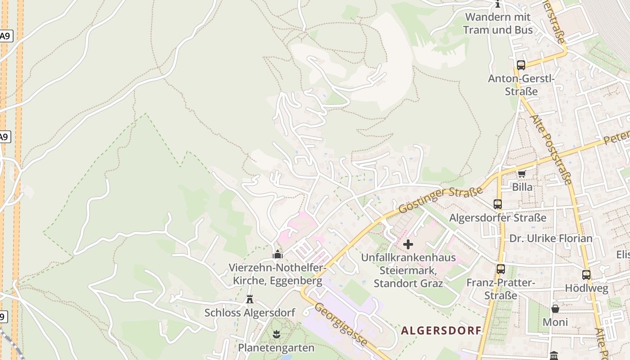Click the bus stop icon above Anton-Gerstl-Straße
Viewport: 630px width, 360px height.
click(521, 65)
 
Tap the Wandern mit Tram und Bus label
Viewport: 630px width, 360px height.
click(498, 23)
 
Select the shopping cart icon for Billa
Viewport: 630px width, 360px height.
click(522, 174)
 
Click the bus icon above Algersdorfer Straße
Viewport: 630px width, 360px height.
click(497, 204)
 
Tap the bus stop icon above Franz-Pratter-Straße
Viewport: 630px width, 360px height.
click(500, 269)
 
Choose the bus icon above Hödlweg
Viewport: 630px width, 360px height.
click(586, 274)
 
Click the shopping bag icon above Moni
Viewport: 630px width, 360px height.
click(555, 309)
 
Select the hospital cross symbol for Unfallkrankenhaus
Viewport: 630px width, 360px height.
click(408, 244)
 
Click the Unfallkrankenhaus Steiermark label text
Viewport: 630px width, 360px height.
click(408, 270)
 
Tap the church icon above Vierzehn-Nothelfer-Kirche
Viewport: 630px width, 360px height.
click(277, 255)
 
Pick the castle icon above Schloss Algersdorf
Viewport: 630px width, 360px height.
click(250, 299)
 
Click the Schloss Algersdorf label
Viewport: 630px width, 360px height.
click(250, 312)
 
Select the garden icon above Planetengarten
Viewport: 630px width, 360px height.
click(276, 334)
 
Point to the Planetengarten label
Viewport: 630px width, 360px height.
click(276, 347)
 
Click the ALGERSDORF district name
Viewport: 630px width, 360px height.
click(441, 331)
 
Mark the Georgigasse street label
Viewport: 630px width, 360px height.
click(340, 325)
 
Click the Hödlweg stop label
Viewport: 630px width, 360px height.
click(586, 288)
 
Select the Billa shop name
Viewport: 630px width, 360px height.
click(522, 187)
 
